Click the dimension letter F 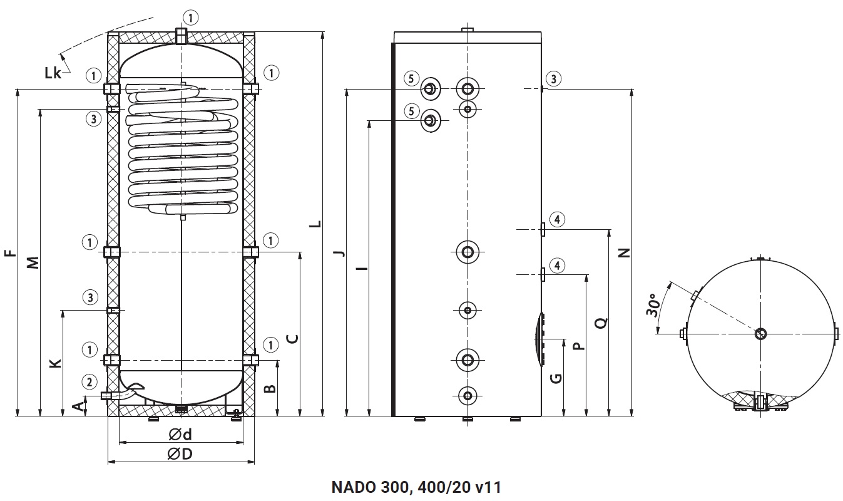[9, 254]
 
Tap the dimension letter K [56, 363]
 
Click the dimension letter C [292, 339]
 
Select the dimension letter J [339, 252]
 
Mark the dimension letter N [624, 252]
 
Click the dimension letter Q [601, 324]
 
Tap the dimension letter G [556, 378]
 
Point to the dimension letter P [578, 345]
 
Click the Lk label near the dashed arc [53, 73]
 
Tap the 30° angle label [652, 304]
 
